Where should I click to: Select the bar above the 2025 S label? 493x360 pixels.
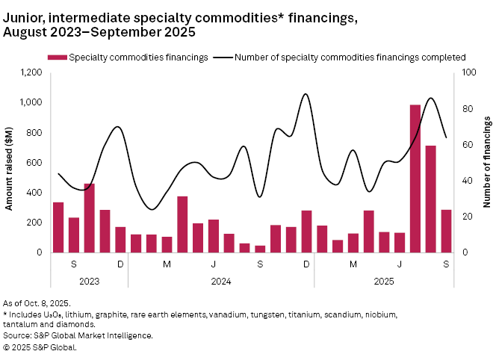click(446, 232)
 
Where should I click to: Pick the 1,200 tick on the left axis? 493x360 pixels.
click(30, 72)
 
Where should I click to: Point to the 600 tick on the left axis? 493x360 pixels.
click(34, 163)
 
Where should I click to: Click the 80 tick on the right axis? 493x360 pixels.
click(468, 109)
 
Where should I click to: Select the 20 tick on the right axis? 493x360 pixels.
click(468, 217)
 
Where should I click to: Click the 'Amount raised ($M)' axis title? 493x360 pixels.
click(9, 163)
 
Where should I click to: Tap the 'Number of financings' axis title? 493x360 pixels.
click(486, 163)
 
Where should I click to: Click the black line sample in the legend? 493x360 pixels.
click(222, 57)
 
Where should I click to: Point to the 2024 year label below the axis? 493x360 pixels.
click(221, 281)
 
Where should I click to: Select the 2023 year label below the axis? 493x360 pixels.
click(89, 281)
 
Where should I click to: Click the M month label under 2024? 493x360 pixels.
click(167, 264)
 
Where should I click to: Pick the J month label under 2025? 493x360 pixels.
click(400, 264)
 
